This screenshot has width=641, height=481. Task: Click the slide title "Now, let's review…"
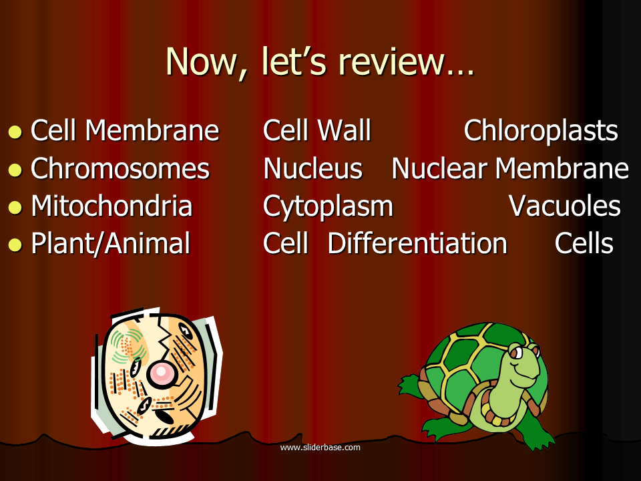point(320,61)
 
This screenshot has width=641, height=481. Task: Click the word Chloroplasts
point(541,131)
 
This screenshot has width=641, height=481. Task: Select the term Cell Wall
point(316,130)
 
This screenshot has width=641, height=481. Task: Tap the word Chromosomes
point(120,168)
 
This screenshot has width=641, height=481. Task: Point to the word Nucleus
point(312,168)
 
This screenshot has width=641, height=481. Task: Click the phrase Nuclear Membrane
point(510,168)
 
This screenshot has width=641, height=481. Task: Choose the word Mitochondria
point(112,205)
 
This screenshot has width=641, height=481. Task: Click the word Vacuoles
point(565,206)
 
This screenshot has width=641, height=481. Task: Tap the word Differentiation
point(417,243)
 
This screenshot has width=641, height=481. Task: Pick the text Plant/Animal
point(111,244)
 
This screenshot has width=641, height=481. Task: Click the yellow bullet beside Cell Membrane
point(15,132)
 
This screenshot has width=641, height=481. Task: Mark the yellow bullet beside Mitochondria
point(15,207)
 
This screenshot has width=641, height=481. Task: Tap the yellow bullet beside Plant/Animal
point(15,245)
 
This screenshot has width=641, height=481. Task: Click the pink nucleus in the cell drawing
point(161,373)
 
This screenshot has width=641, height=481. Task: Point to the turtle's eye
point(517,352)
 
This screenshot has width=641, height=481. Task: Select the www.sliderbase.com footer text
point(320,448)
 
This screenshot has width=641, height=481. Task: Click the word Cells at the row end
point(584,243)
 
